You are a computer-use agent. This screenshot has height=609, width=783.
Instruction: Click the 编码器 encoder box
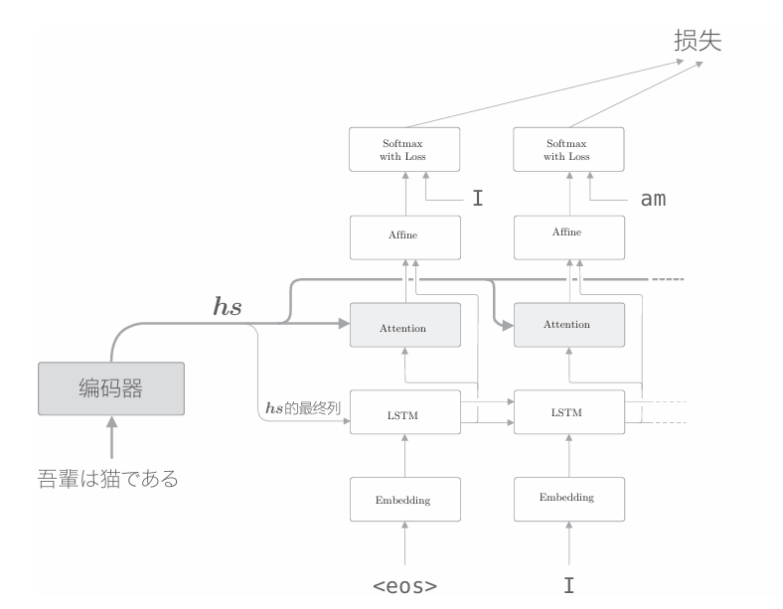(x=110, y=388)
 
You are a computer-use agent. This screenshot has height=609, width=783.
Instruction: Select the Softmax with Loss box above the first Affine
(x=404, y=150)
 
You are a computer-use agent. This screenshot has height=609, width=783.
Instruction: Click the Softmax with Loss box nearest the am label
(x=567, y=150)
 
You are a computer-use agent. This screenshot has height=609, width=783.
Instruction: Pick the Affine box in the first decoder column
(x=404, y=235)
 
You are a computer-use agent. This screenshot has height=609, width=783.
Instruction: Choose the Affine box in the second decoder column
(x=567, y=233)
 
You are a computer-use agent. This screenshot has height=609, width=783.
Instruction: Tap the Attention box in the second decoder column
(x=567, y=325)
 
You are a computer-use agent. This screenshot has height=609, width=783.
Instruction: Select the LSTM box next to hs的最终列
(x=404, y=413)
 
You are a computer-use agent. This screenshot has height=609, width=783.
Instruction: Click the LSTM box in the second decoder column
(x=567, y=413)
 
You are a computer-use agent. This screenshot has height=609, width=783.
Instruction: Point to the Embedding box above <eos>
(x=404, y=500)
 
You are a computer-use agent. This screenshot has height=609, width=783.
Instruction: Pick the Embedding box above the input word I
(x=567, y=498)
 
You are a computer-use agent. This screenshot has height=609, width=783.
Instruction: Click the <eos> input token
(x=404, y=586)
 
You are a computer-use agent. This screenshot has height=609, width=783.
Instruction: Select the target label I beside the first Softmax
(x=478, y=199)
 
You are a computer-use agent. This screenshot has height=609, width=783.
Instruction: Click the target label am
(x=653, y=199)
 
